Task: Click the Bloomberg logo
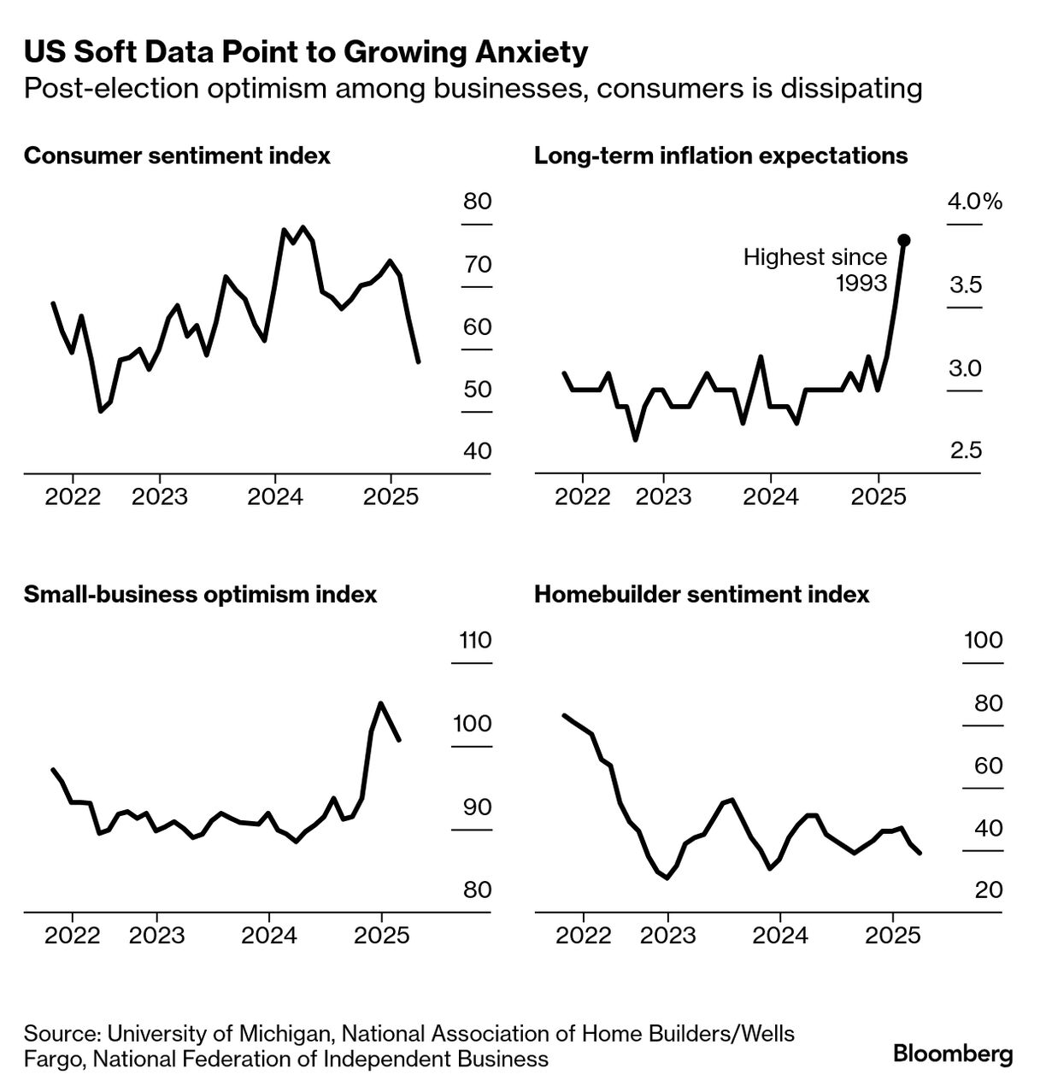(x=953, y=1054)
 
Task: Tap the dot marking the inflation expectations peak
(x=904, y=240)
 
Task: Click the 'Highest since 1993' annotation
(x=814, y=269)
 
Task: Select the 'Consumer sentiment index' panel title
(x=177, y=156)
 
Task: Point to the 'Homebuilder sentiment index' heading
(x=701, y=594)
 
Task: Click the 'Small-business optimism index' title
(x=200, y=594)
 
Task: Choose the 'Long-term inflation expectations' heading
(x=720, y=156)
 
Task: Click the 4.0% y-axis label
(x=974, y=202)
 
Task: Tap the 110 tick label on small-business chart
(x=475, y=639)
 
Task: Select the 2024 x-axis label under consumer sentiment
(x=275, y=496)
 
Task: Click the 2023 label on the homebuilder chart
(x=667, y=935)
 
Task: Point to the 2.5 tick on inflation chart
(x=966, y=450)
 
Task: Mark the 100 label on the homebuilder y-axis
(x=984, y=639)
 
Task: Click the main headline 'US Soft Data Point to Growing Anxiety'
(x=306, y=52)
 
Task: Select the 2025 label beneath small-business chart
(x=381, y=935)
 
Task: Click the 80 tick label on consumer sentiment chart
(x=478, y=202)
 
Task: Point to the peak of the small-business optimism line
(x=380, y=703)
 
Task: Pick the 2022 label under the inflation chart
(x=584, y=496)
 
